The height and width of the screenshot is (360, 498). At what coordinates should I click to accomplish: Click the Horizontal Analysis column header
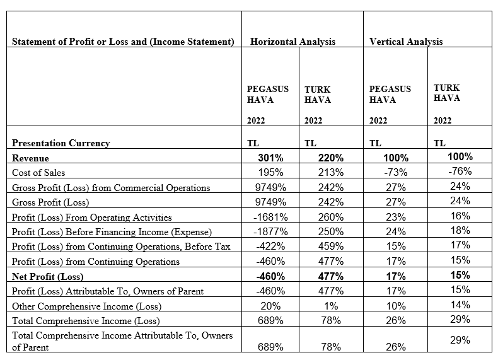pyautogui.click(x=292, y=42)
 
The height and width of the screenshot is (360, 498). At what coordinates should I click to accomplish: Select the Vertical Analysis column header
pyautogui.click(x=406, y=42)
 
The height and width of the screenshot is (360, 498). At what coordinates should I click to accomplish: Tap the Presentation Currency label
pyautogui.click(x=61, y=143)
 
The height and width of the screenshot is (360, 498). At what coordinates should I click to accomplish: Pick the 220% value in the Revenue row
pyautogui.click(x=331, y=158)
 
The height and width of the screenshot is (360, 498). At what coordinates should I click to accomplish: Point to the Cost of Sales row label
pyautogui.click(x=38, y=173)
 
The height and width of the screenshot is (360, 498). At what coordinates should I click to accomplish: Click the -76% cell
pyautogui.click(x=460, y=171)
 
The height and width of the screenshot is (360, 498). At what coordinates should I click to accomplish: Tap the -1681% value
pyautogui.click(x=270, y=218)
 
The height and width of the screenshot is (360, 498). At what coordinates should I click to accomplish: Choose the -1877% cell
pyautogui.click(x=270, y=232)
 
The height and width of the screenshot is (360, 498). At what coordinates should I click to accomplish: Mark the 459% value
pyautogui.click(x=331, y=247)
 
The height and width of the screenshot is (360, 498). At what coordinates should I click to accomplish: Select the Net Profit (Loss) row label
pyautogui.click(x=47, y=277)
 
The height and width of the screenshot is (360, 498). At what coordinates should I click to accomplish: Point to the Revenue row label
pyautogui.click(x=30, y=158)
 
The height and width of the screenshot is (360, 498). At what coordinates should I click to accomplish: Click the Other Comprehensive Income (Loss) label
pyautogui.click(x=86, y=306)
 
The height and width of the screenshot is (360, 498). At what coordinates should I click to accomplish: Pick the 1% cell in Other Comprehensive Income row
pyautogui.click(x=331, y=306)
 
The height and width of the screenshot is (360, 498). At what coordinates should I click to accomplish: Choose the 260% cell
pyautogui.click(x=331, y=218)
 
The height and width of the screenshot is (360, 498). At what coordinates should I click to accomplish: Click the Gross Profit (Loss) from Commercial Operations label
pyautogui.click(x=111, y=188)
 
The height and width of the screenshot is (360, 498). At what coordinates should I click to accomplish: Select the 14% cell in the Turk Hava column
pyautogui.click(x=460, y=305)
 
